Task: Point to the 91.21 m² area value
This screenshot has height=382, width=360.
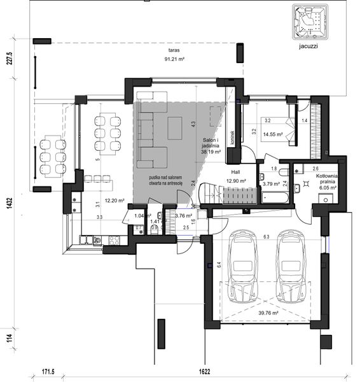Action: tap(174, 59)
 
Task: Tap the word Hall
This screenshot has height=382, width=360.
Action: tap(236, 172)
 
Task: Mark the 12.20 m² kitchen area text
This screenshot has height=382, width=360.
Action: tap(115, 201)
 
